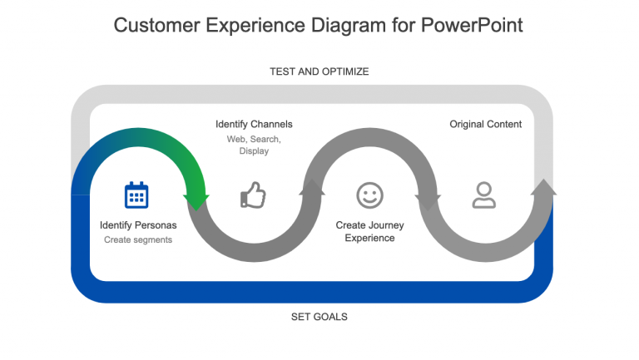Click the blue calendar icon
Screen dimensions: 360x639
(136, 195)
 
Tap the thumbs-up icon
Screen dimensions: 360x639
(253, 195)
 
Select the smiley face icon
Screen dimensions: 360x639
(369, 195)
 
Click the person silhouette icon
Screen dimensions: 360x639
(483, 195)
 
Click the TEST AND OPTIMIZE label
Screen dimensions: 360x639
(319, 72)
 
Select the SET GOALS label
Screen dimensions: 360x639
(319, 317)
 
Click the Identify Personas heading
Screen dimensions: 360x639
(138, 225)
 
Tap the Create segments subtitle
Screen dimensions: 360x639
(138, 240)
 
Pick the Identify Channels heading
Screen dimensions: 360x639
(254, 125)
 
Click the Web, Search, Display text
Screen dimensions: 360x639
(254, 145)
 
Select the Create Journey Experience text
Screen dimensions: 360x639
(369, 231)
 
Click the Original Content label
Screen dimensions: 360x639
(486, 125)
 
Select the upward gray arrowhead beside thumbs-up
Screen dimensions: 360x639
(312, 189)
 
